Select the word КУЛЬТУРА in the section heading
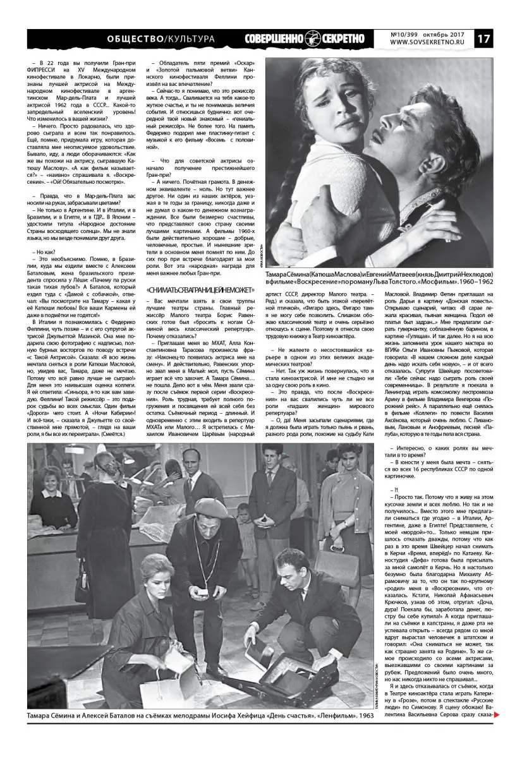(x=186, y=39)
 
